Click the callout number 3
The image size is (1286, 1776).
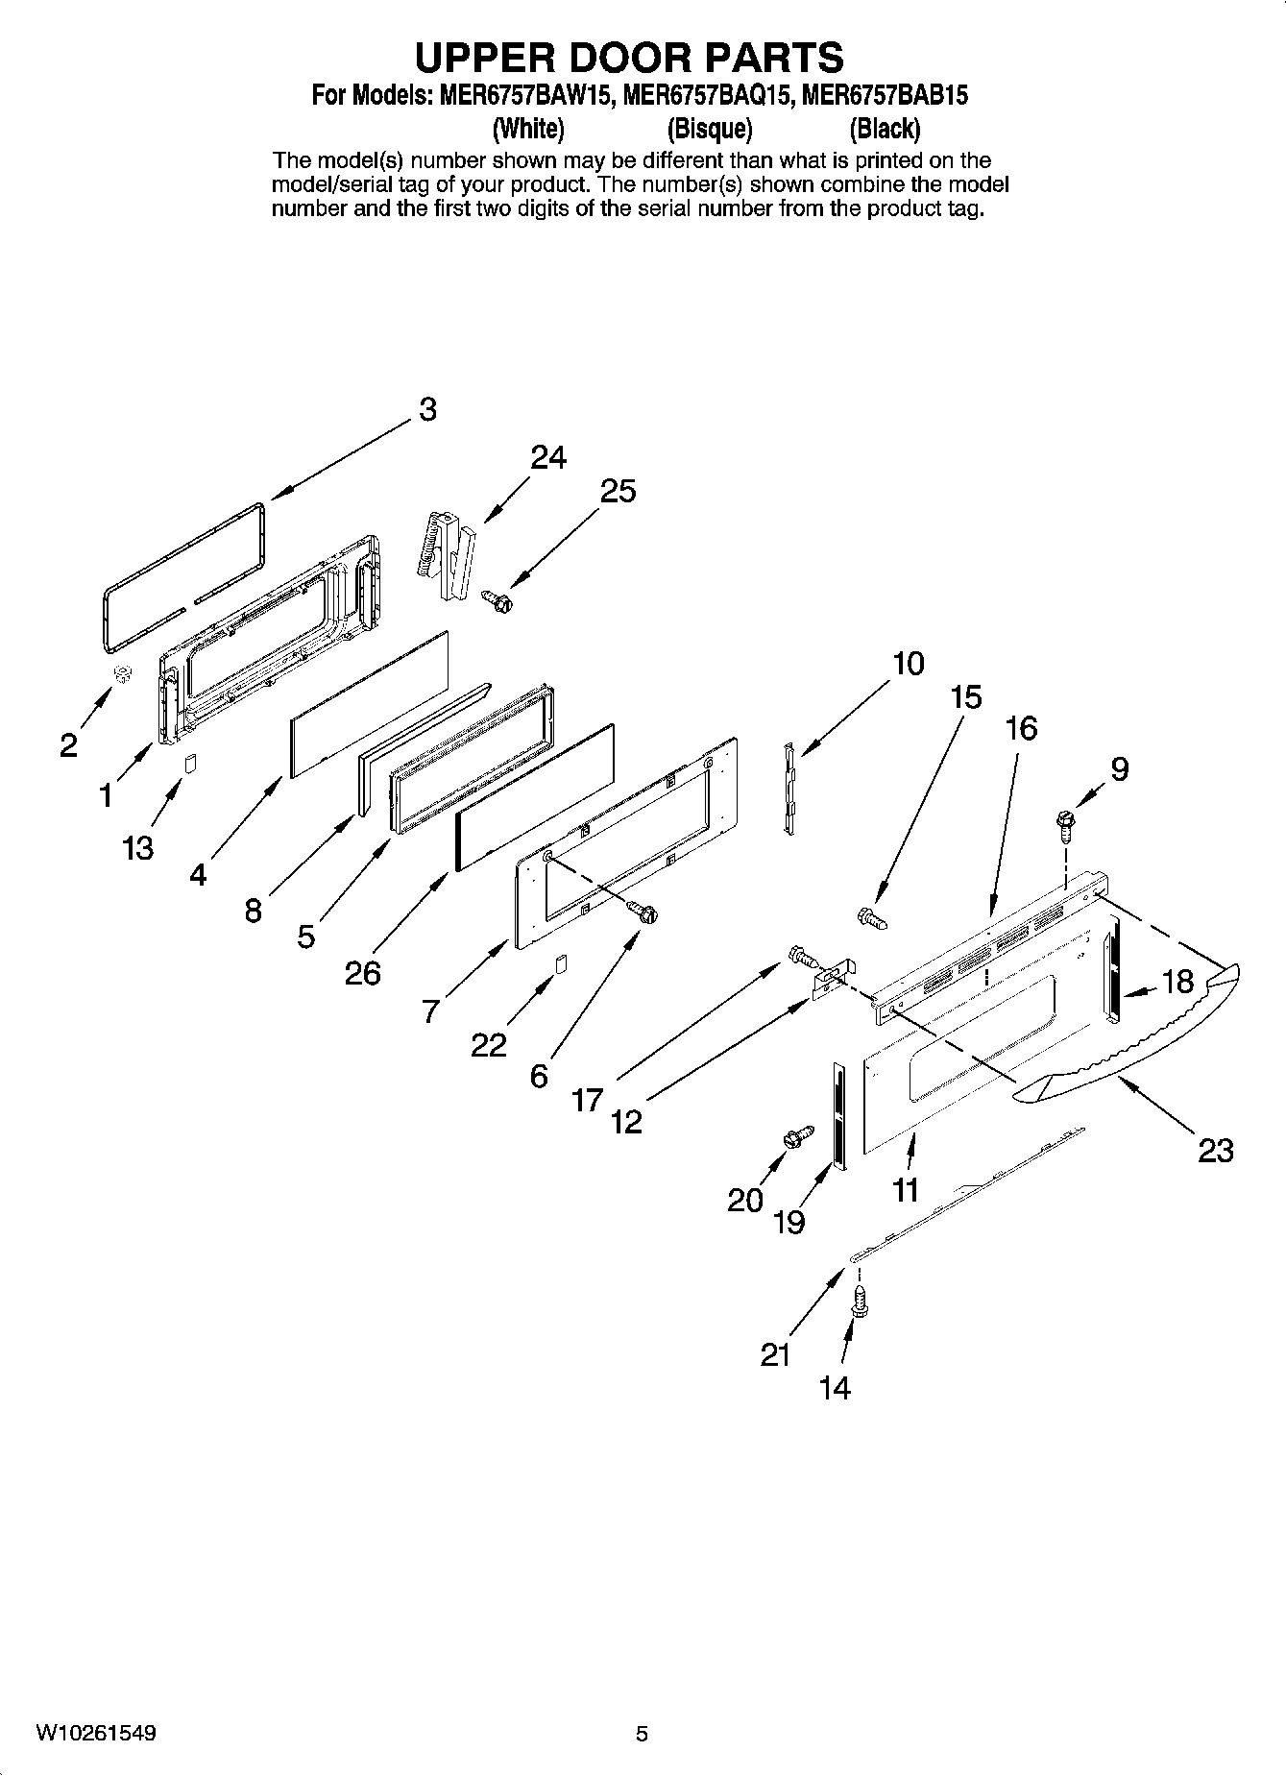click(427, 409)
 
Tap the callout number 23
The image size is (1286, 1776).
click(1215, 1150)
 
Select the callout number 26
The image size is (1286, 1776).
click(363, 973)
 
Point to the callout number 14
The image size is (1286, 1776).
click(835, 1387)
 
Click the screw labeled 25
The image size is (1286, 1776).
click(498, 600)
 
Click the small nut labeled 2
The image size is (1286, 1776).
click(122, 674)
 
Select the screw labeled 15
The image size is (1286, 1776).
click(872, 918)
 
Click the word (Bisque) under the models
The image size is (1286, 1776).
click(710, 128)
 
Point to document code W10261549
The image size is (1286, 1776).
click(96, 1733)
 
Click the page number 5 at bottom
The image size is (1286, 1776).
click(642, 1734)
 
